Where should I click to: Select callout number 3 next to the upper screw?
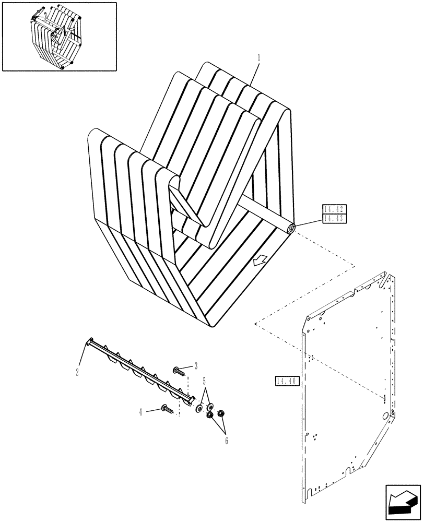pos(195,365)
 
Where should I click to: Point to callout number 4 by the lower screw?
pos(140,411)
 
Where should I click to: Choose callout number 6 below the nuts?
pos(227,441)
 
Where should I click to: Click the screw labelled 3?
pos(179,371)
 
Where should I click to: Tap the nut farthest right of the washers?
pos(221,413)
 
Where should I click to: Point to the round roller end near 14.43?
pos(290,228)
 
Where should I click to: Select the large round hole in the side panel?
pos(386,416)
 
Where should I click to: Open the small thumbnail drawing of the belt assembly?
pos(58,36)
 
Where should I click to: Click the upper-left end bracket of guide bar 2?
pos(90,341)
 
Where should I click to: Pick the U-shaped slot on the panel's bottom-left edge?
pos(311,491)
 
